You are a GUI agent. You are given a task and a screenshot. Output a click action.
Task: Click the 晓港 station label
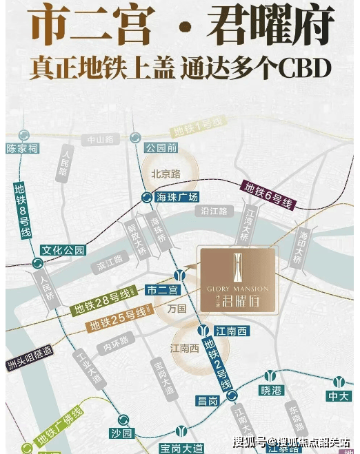click(272, 389)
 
